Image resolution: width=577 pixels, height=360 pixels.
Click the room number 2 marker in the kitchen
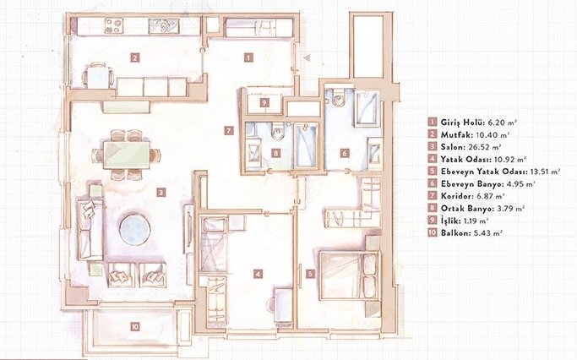135,57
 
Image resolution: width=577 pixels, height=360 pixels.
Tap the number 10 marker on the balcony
135,326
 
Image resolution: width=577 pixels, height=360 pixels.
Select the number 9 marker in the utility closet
264,103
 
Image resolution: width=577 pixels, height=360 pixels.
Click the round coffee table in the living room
134,229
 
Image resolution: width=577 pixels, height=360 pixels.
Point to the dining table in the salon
126,155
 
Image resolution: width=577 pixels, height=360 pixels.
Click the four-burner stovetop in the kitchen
114,26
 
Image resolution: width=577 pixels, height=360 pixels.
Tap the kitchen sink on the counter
164,26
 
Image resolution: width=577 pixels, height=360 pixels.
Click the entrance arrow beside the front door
307,57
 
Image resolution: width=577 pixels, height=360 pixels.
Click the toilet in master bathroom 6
338,98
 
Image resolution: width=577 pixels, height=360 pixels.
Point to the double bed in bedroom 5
349,276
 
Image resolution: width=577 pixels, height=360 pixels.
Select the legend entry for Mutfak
469,134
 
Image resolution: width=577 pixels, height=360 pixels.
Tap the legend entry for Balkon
465,232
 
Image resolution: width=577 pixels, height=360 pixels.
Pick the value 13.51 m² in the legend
544,172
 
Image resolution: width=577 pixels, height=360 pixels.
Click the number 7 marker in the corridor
228,130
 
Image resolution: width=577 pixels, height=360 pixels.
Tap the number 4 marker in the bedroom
259,274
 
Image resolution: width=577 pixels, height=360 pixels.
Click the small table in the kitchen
98,78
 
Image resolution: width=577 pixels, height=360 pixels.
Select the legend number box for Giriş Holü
432,123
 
